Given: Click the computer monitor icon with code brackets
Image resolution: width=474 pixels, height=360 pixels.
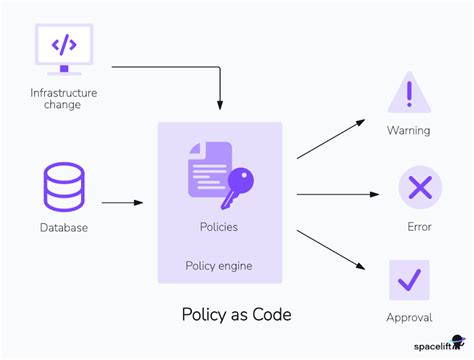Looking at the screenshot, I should point(64,48).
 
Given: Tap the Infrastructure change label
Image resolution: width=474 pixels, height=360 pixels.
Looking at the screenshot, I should point(64,99).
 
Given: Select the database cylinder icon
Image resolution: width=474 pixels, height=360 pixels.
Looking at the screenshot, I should point(64,187).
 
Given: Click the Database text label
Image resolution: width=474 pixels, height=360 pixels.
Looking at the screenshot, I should point(64,227).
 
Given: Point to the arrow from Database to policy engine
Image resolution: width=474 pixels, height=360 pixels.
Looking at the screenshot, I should point(122,203).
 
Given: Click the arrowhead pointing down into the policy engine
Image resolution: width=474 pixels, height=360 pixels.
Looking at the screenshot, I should point(219,103).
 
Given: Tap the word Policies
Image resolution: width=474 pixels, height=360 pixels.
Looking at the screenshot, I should point(219,227).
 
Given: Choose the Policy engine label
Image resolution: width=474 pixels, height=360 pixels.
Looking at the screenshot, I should point(219,265).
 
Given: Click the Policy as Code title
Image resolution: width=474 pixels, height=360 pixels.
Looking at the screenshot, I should point(236,314).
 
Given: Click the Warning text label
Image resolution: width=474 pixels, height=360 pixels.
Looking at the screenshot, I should point(409,131).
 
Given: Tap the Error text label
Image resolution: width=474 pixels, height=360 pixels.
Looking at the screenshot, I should point(418,227).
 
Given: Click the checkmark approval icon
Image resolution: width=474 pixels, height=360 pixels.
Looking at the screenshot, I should point(409,280).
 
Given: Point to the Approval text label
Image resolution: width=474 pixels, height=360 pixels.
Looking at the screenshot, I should point(409,318).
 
